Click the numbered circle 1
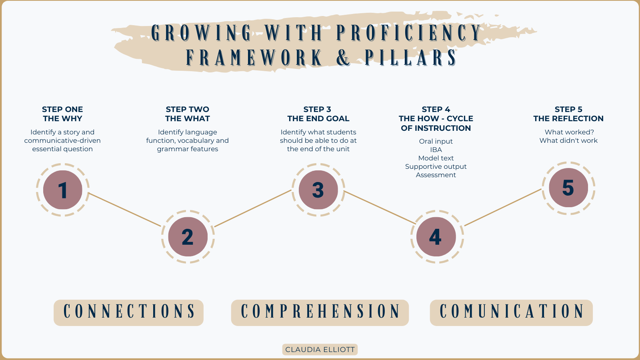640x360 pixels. tap(62, 190)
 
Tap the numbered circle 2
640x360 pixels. tap(188, 237)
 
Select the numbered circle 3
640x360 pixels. tap(318, 190)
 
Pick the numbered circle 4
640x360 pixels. tap(436, 237)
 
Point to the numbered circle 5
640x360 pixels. tap(568, 188)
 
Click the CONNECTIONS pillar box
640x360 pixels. tap(128, 312)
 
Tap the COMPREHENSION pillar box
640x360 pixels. tap(320, 312)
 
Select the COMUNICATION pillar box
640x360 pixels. tap(511, 312)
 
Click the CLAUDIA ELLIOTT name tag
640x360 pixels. tap(320, 350)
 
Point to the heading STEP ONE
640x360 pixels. tap(62, 109)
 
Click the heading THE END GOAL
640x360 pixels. tap(318, 118)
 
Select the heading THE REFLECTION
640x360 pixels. tap(568, 118)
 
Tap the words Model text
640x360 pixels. tap(436, 158)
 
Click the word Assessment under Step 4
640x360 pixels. tap(436, 175)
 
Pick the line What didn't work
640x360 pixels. tap(568, 140)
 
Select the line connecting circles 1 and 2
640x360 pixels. tap(125, 210)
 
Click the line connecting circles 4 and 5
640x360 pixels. tap(503, 207)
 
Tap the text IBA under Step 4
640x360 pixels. tap(436, 150)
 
